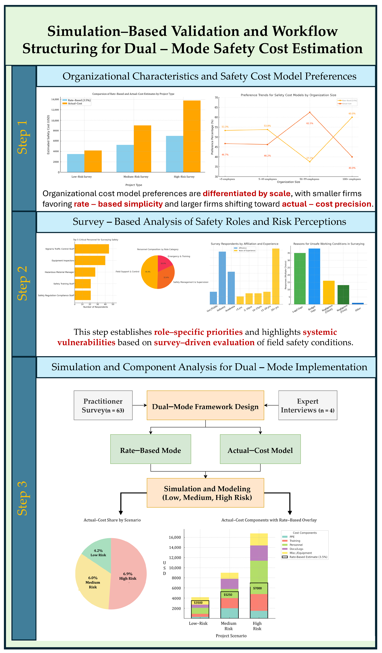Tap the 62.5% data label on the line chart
click(x=310, y=123)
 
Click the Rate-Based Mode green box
click(x=150, y=450)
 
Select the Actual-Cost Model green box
click(x=260, y=450)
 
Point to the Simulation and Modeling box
click(x=205, y=493)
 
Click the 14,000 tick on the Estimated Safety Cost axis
click(x=55, y=100)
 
